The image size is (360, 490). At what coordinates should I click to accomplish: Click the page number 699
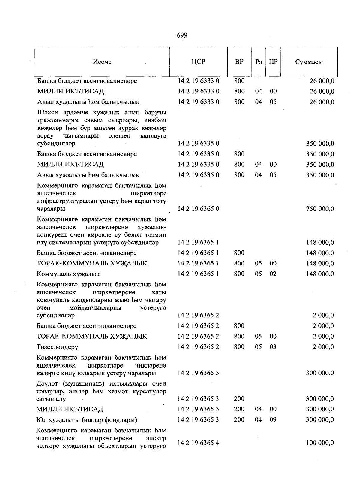coord(182,35)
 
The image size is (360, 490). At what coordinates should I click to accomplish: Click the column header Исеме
coord(102,62)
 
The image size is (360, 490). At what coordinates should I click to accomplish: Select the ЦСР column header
coord(198,62)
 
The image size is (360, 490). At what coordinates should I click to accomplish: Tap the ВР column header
coord(239,62)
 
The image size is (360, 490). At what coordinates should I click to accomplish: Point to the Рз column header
coord(258,62)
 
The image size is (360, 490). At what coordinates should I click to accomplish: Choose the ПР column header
coord(273,62)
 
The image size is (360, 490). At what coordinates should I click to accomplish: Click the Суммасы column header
coord(309,62)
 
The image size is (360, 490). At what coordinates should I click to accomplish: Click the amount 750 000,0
coord(320,209)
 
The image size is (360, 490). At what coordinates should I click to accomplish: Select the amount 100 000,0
coord(320,443)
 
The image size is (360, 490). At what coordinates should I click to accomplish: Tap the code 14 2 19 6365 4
coord(198,443)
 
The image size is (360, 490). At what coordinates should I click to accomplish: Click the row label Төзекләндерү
coord(57,347)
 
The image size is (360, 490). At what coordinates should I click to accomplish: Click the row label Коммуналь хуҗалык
coord(68,274)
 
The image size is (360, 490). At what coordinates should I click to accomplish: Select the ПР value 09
coord(273,419)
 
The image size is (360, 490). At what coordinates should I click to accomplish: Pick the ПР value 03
coord(273,347)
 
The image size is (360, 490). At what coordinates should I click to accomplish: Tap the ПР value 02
coord(273,274)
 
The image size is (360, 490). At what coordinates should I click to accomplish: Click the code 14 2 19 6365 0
coord(198,209)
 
